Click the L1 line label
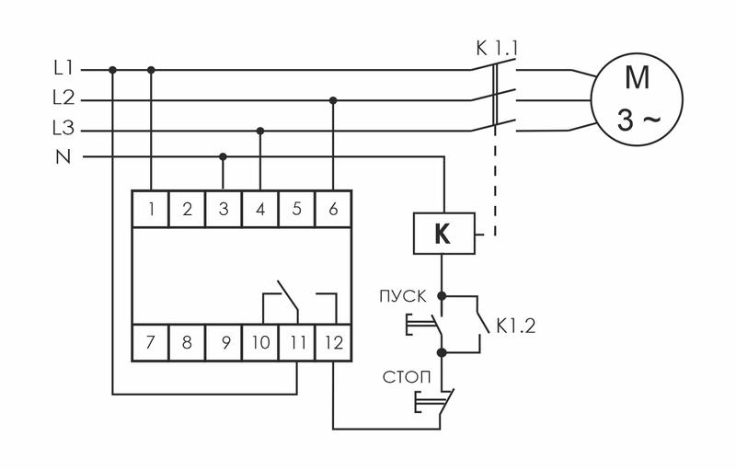pyautogui.click(x=63, y=69)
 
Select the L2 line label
pyautogui.click(x=63, y=98)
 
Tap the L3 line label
pyautogui.click(x=63, y=129)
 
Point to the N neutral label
pyautogui.click(x=63, y=157)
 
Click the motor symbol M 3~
pyautogui.click(x=637, y=99)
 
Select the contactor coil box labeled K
pyautogui.click(x=443, y=235)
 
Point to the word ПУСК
pyautogui.click(x=400, y=296)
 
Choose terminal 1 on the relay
pyautogui.click(x=150, y=209)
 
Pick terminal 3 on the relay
pyautogui.click(x=224, y=209)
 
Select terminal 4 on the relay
pyautogui.click(x=260, y=209)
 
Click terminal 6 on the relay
pyautogui.click(x=333, y=209)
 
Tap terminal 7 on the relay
pyautogui.click(x=150, y=343)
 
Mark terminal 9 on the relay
pyautogui.click(x=224, y=343)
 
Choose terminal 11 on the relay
pyautogui.click(x=296, y=343)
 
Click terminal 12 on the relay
pyautogui.click(x=333, y=343)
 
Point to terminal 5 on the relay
pyautogui.click(x=297, y=209)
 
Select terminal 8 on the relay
pyautogui.click(x=187, y=343)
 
